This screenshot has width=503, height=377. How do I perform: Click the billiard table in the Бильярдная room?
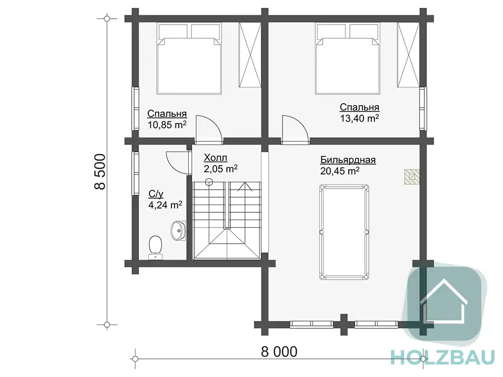344,232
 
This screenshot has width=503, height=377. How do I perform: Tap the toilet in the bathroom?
156,247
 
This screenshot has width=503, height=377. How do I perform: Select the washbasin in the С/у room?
178,231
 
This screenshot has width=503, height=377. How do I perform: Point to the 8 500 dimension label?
100,172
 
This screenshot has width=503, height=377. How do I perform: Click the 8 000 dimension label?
279,351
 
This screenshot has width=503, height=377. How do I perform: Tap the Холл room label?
216,158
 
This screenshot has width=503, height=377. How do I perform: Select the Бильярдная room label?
348,160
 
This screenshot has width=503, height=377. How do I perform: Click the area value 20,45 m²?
340,171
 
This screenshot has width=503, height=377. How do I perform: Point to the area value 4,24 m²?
165,204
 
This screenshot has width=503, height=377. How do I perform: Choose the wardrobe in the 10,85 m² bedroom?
250,55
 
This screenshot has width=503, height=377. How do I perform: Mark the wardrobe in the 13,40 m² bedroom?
408,55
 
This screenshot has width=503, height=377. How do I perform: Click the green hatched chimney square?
412,176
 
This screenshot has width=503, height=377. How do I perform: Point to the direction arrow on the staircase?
245,187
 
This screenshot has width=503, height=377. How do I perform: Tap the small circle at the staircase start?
209,182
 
